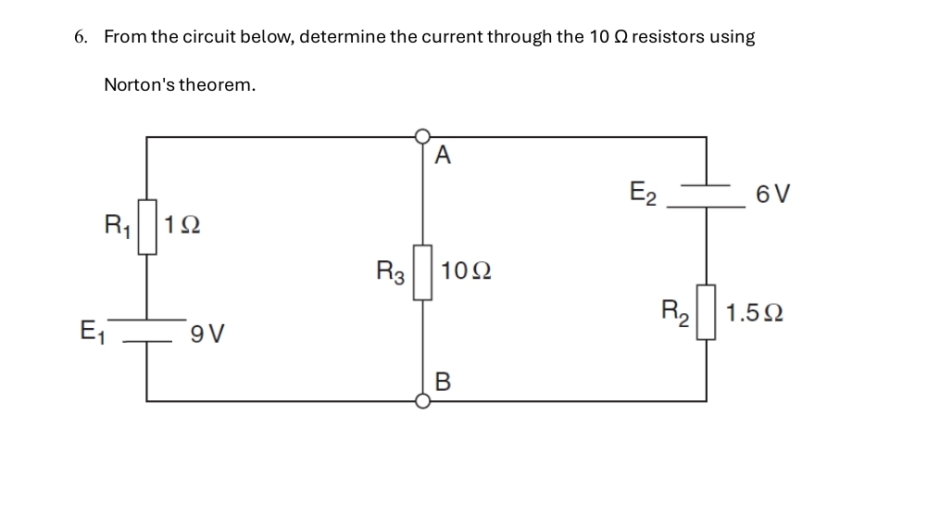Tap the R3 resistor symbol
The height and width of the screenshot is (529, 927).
point(422,272)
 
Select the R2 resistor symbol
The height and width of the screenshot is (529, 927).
point(707,312)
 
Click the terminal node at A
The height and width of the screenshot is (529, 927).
point(423,137)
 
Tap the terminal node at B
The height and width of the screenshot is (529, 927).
point(423,401)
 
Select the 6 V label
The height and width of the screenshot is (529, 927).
point(772,195)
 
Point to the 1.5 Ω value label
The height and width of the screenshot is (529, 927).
point(754,312)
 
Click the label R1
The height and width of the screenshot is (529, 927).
point(118,225)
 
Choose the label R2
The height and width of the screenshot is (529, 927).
point(677,310)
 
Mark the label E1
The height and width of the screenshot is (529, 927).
point(94,331)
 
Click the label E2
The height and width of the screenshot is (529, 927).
point(643,195)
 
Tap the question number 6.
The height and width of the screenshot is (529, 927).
point(81,38)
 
